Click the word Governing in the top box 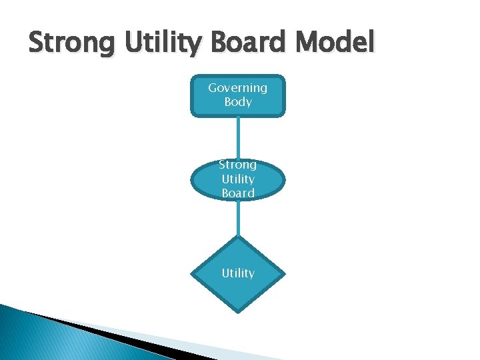point(237,87)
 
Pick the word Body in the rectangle point(238,102)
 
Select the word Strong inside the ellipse point(237,164)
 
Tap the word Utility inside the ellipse point(238,179)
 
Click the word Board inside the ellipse point(238,193)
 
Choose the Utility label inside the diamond point(238,273)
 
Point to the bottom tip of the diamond point(238,310)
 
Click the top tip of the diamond point(238,236)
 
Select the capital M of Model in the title point(307,43)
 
